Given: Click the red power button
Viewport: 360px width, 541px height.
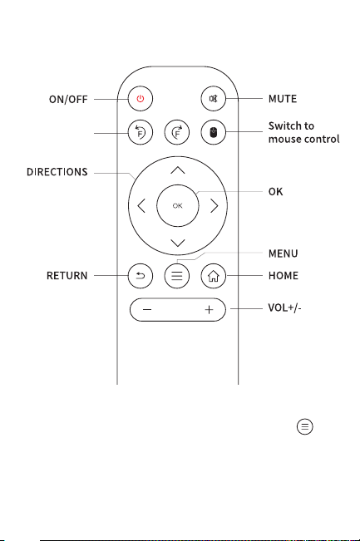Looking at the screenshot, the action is point(141,99).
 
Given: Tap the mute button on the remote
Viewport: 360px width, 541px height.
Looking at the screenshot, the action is point(214,99).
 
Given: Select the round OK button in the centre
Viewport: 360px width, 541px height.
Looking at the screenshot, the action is point(177,205).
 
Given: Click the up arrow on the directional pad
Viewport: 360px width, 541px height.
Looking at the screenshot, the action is point(178,170).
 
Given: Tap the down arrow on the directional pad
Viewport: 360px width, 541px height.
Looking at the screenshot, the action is point(178,243).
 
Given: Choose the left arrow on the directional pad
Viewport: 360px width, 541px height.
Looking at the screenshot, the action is point(141,206).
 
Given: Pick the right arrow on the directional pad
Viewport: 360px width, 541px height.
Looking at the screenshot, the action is point(215,206).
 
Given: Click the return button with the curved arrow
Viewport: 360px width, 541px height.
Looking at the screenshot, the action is point(141,276).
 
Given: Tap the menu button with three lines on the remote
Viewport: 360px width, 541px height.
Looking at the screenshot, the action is point(177,276).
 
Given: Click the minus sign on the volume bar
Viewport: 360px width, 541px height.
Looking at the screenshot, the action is point(147,309).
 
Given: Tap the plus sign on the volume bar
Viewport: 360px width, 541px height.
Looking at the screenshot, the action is point(209,309).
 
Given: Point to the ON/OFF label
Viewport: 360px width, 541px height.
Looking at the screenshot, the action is point(68,100).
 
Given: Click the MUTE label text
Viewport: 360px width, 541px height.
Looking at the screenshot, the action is point(283,99).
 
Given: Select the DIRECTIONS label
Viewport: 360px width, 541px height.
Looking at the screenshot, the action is point(57,172).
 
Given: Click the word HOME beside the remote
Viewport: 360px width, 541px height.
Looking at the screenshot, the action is point(284,276).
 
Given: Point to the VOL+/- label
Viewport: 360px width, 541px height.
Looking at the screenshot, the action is point(284,307).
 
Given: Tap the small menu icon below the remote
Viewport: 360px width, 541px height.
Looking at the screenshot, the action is point(305,427).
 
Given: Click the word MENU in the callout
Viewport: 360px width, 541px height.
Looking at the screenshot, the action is point(283,253).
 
